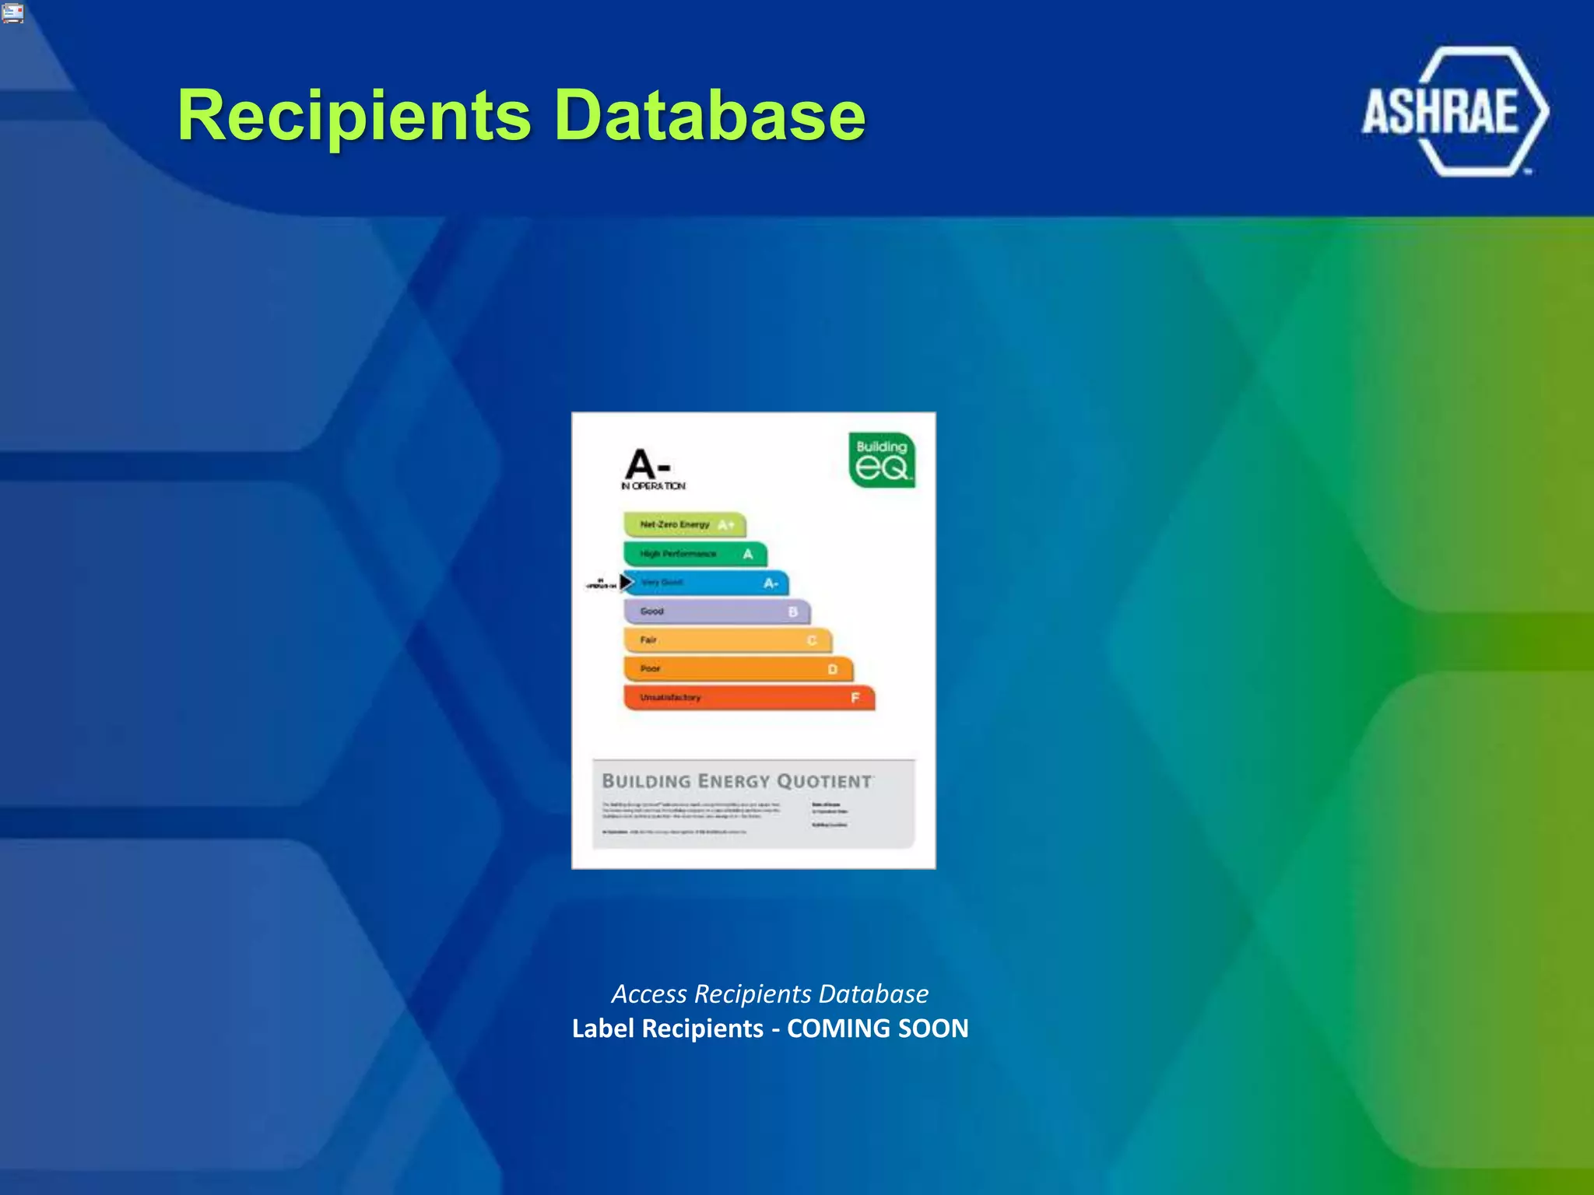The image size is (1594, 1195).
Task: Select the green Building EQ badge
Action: (881, 460)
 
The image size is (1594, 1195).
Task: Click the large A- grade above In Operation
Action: (647, 464)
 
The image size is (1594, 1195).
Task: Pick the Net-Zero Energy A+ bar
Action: (684, 524)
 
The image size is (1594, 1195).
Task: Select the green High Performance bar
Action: (694, 554)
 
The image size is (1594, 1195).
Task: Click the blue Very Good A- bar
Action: (707, 583)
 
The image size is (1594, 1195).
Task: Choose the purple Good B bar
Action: (716, 612)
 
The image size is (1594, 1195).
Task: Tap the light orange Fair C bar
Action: (727, 640)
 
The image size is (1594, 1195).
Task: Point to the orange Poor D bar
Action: (738, 669)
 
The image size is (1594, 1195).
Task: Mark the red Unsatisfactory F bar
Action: (749, 698)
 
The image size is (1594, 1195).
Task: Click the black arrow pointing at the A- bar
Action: (625, 582)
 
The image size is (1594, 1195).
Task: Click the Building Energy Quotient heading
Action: (736, 781)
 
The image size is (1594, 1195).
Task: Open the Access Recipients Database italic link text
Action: (770, 993)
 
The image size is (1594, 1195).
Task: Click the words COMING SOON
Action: (877, 1029)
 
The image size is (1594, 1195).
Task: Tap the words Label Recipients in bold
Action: (667, 1029)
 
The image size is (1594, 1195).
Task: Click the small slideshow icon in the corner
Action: (12, 12)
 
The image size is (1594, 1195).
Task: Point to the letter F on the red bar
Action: (855, 698)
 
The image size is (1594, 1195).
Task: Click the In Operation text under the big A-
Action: (653, 486)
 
